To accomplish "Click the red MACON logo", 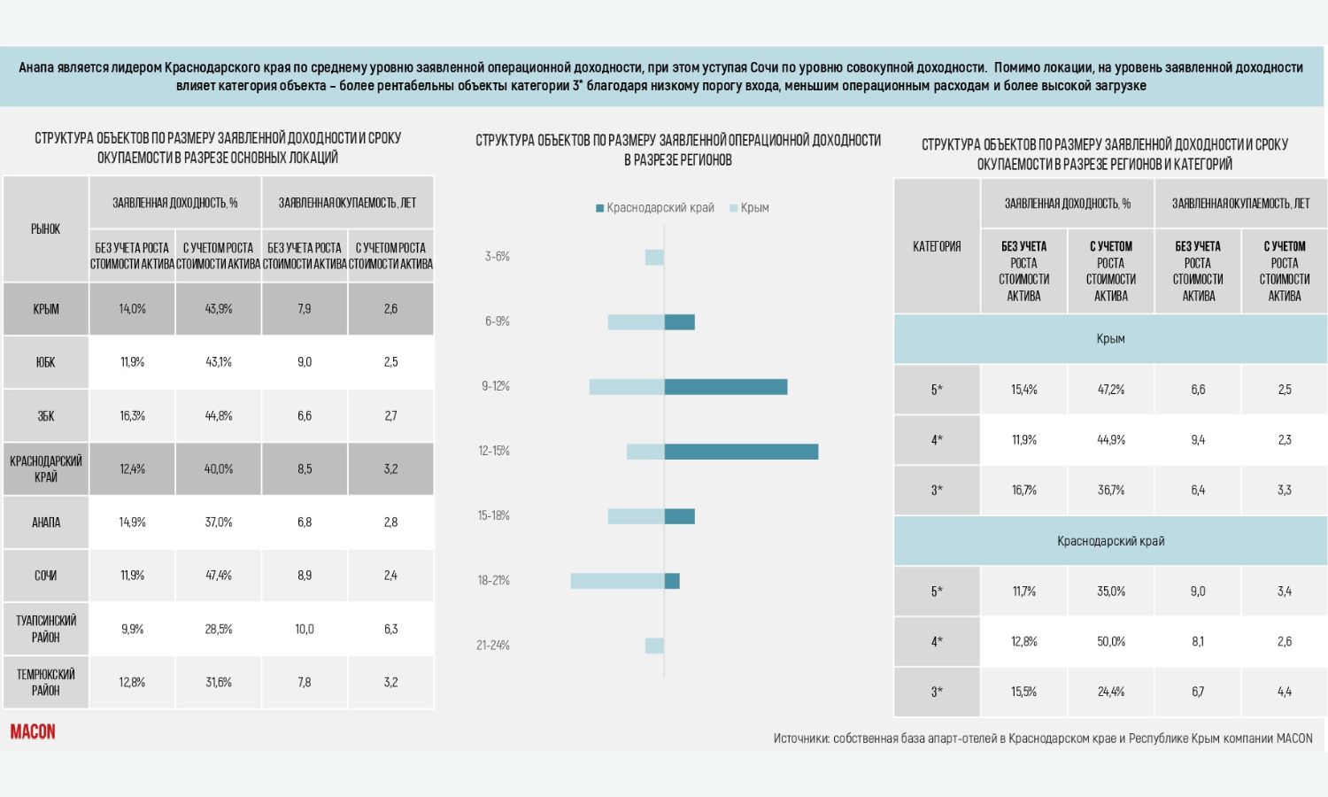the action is (33, 731).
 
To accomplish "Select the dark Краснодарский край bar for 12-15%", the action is (741, 452).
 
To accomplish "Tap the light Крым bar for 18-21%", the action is (617, 581).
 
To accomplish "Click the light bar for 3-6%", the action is (654, 258).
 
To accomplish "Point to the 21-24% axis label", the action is (492, 646).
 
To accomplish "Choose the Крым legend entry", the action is (749, 208).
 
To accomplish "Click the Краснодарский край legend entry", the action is (654, 208).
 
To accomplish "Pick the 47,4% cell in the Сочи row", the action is (218, 576).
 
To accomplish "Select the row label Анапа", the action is (46, 522).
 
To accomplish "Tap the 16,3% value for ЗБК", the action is (132, 415).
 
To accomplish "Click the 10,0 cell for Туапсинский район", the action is (305, 629).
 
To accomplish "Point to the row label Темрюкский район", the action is (46, 682).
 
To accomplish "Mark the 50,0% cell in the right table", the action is (1110, 642).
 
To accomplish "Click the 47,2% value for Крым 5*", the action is (1110, 390).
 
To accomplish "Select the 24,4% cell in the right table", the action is (1110, 692).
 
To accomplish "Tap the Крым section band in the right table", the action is (1110, 338).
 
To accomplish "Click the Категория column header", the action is (937, 246).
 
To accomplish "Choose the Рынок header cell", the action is (46, 228).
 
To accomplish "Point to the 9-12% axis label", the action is (496, 387).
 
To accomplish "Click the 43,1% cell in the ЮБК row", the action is (218, 362).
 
